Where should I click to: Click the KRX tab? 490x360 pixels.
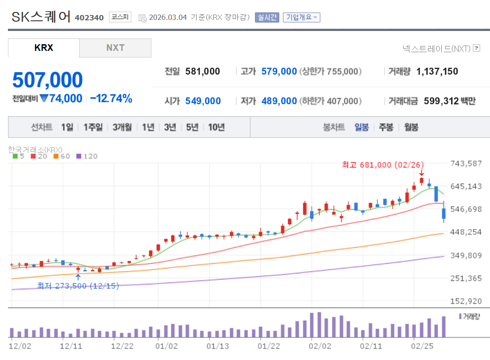pos(44,48)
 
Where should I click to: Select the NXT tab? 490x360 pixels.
pos(115,48)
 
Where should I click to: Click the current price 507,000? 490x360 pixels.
pos(47,80)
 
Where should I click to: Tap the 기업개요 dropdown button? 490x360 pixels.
pos(301,17)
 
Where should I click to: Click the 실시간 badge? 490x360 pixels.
pos(267,17)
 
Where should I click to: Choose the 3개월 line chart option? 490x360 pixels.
pos(122,127)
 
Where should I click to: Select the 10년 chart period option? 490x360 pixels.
pos(216,127)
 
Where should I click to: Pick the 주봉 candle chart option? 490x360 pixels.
pos(386,127)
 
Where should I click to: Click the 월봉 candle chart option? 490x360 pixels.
pos(411,127)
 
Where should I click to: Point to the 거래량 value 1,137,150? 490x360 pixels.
pos(437,71)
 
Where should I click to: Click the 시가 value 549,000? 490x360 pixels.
pos(203,101)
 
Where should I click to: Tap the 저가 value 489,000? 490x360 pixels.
pos(279,101)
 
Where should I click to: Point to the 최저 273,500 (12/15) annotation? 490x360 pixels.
pos(78,286)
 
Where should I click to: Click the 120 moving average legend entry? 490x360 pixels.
pos(87,156)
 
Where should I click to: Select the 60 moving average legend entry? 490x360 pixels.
pos(62,156)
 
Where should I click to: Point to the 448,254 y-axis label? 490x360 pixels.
pos(465,232)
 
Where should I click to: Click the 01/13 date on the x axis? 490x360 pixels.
pos(218,346)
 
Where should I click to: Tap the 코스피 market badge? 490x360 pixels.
pos(120,17)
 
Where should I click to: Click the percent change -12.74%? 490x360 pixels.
pos(111,98)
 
